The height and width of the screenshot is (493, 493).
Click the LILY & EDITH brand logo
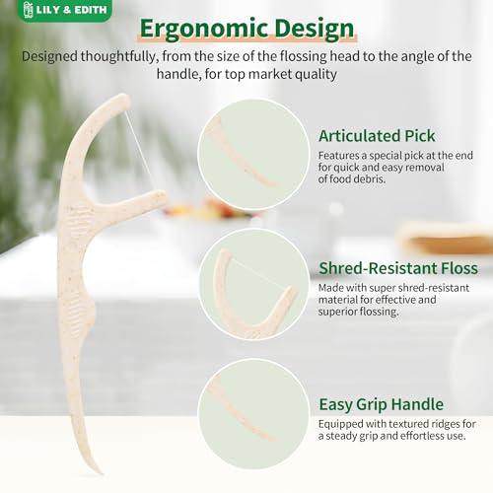pyautogui.click(x=65, y=10)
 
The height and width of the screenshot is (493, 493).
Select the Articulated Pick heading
pyautogui.click(x=377, y=136)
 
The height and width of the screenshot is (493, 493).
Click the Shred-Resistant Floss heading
pyautogui.click(x=398, y=268)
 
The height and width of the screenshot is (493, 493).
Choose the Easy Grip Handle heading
pyautogui.click(x=382, y=404)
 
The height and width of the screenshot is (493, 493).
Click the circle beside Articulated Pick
pyautogui.click(x=253, y=155)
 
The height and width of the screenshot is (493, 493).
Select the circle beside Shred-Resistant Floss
pyautogui.click(x=253, y=285)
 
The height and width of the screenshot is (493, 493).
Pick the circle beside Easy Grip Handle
pyautogui.click(x=253, y=414)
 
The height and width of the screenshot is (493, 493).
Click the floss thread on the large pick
pyautogui.click(x=139, y=150)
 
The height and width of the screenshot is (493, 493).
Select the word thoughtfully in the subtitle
pyautogui.click(x=117, y=56)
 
